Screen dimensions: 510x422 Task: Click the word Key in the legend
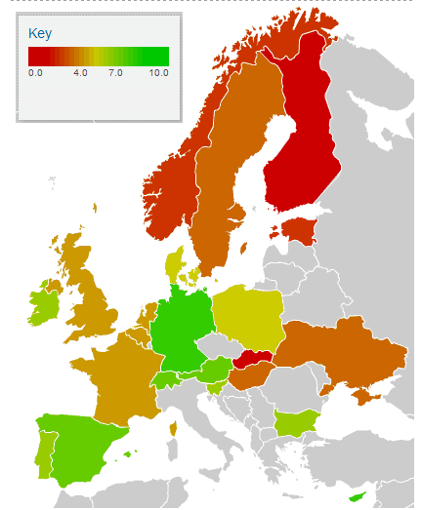pos(40,33)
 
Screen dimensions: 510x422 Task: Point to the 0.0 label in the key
pos(35,73)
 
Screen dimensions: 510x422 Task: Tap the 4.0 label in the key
pos(81,73)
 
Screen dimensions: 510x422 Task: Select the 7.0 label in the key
pos(115,73)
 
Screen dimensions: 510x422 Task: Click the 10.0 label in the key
pos(159,73)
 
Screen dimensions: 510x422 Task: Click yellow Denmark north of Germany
pos(176,265)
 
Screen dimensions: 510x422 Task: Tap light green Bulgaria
pos(294,423)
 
